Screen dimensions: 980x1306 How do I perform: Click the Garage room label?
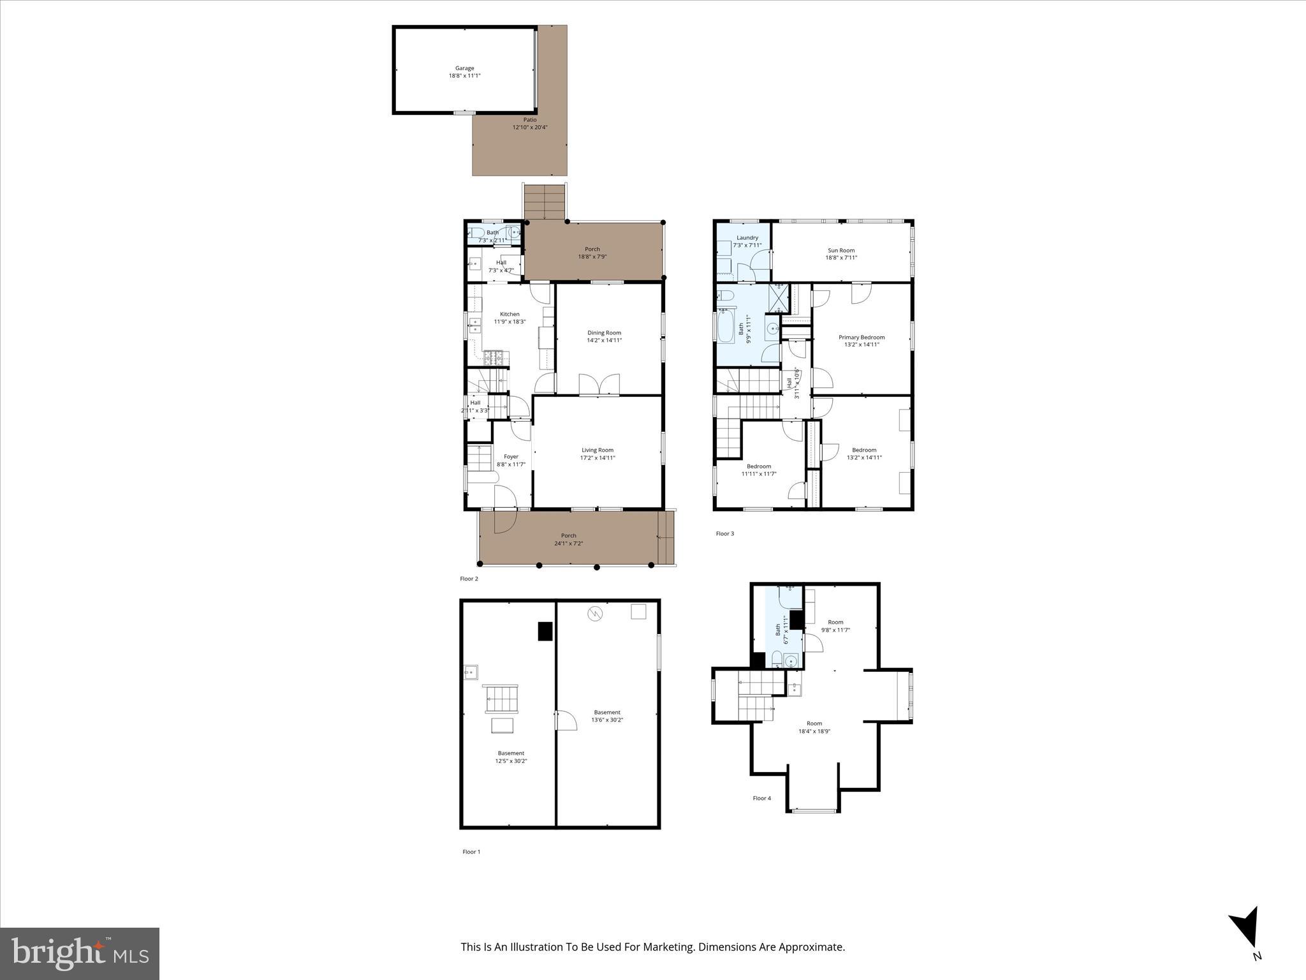click(x=464, y=68)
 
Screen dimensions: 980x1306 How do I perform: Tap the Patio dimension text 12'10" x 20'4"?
click(x=530, y=128)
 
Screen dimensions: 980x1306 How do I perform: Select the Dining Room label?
click(x=604, y=332)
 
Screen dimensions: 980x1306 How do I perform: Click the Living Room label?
click(x=597, y=450)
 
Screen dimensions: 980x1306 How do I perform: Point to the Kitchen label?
click(x=510, y=314)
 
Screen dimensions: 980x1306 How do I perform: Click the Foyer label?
click(x=511, y=456)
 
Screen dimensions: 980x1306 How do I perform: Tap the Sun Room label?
click(x=841, y=250)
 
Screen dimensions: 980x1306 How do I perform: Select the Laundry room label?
click(x=747, y=237)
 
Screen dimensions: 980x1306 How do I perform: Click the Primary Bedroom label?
click(x=861, y=337)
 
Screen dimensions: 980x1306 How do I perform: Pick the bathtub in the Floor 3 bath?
click(x=726, y=327)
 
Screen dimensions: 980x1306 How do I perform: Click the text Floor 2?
click(x=469, y=579)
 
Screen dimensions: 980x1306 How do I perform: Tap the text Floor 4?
click(x=761, y=798)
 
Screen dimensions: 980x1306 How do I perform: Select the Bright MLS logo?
click(x=80, y=954)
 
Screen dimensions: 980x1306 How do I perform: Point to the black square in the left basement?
click(x=545, y=631)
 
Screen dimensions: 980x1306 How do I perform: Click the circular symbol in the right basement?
click(x=595, y=614)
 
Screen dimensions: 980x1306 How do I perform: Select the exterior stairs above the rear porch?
click(x=545, y=202)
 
